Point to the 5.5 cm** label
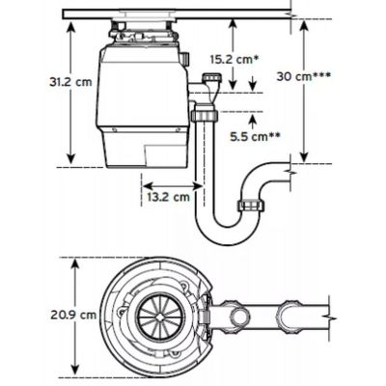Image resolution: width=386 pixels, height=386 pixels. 255,137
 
